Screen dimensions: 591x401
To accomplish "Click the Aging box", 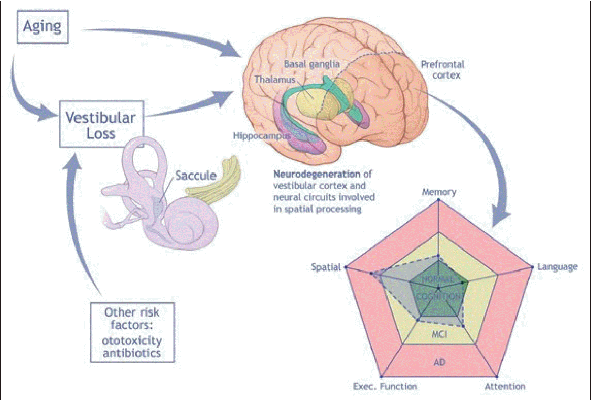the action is pyautogui.click(x=42, y=27).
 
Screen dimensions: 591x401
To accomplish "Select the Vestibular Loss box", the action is pyautogui.click(x=101, y=124).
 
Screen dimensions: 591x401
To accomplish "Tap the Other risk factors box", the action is pyautogui.click(x=132, y=332).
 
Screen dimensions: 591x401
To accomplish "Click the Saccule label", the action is pyautogui.click(x=196, y=175).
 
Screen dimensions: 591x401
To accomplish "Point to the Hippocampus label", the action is pyautogui.click(x=262, y=136).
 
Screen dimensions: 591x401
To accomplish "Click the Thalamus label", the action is pyautogui.click(x=275, y=80).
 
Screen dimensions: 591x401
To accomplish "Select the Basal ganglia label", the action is pyautogui.click(x=312, y=64).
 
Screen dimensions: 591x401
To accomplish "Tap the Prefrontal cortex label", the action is pyautogui.click(x=443, y=70).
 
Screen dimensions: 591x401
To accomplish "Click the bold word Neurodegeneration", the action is pyautogui.click(x=317, y=174).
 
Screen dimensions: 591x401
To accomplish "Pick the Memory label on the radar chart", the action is pyautogui.click(x=439, y=192).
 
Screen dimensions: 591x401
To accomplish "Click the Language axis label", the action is pyautogui.click(x=557, y=267).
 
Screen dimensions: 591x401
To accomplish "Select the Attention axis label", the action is pyautogui.click(x=504, y=386).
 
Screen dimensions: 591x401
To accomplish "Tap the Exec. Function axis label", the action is pyautogui.click(x=385, y=386).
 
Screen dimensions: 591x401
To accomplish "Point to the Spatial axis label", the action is pyautogui.click(x=326, y=267).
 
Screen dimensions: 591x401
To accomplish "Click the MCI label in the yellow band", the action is pyautogui.click(x=439, y=334).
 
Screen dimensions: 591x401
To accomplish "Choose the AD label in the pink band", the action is pyautogui.click(x=439, y=362).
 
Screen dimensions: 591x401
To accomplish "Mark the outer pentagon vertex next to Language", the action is pyautogui.click(x=532, y=267).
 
